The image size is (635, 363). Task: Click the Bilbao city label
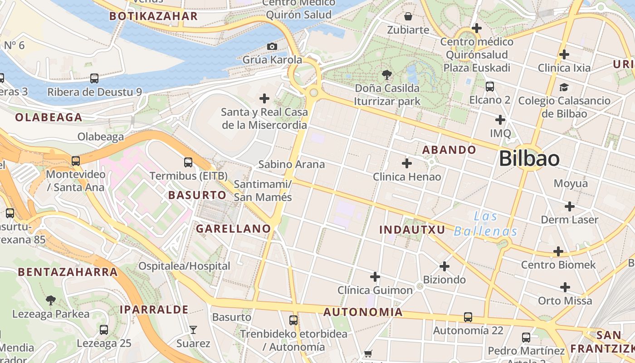(529, 159)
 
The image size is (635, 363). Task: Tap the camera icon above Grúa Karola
(272, 46)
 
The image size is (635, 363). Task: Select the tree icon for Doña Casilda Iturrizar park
(387, 74)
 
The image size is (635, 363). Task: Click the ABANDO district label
(449, 150)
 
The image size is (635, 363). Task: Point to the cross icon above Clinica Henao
(407, 163)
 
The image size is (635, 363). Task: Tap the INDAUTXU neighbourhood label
(412, 230)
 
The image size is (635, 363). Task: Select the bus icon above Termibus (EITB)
(188, 162)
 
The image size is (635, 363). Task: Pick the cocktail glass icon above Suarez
(193, 330)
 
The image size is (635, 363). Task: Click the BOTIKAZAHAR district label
(154, 16)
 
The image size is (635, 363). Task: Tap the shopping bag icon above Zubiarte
(408, 17)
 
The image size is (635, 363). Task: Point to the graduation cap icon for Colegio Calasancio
(564, 87)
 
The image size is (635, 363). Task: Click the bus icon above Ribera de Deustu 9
(94, 78)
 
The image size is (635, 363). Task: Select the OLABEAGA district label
(49, 118)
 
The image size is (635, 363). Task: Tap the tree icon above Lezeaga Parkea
(51, 300)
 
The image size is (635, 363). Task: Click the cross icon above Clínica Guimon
(375, 276)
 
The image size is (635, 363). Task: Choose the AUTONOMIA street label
(363, 312)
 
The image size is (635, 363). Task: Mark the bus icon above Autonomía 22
(468, 317)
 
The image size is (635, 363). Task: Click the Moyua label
(571, 184)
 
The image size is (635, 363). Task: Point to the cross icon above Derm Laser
(570, 206)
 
